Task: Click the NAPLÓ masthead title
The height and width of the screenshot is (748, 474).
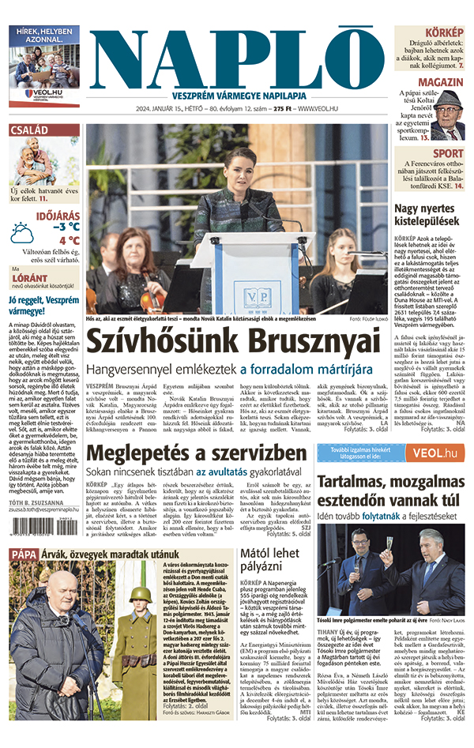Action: pos(237,54)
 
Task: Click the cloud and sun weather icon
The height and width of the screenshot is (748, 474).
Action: pos(21,233)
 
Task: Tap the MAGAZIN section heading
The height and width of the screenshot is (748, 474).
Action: pos(441,82)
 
